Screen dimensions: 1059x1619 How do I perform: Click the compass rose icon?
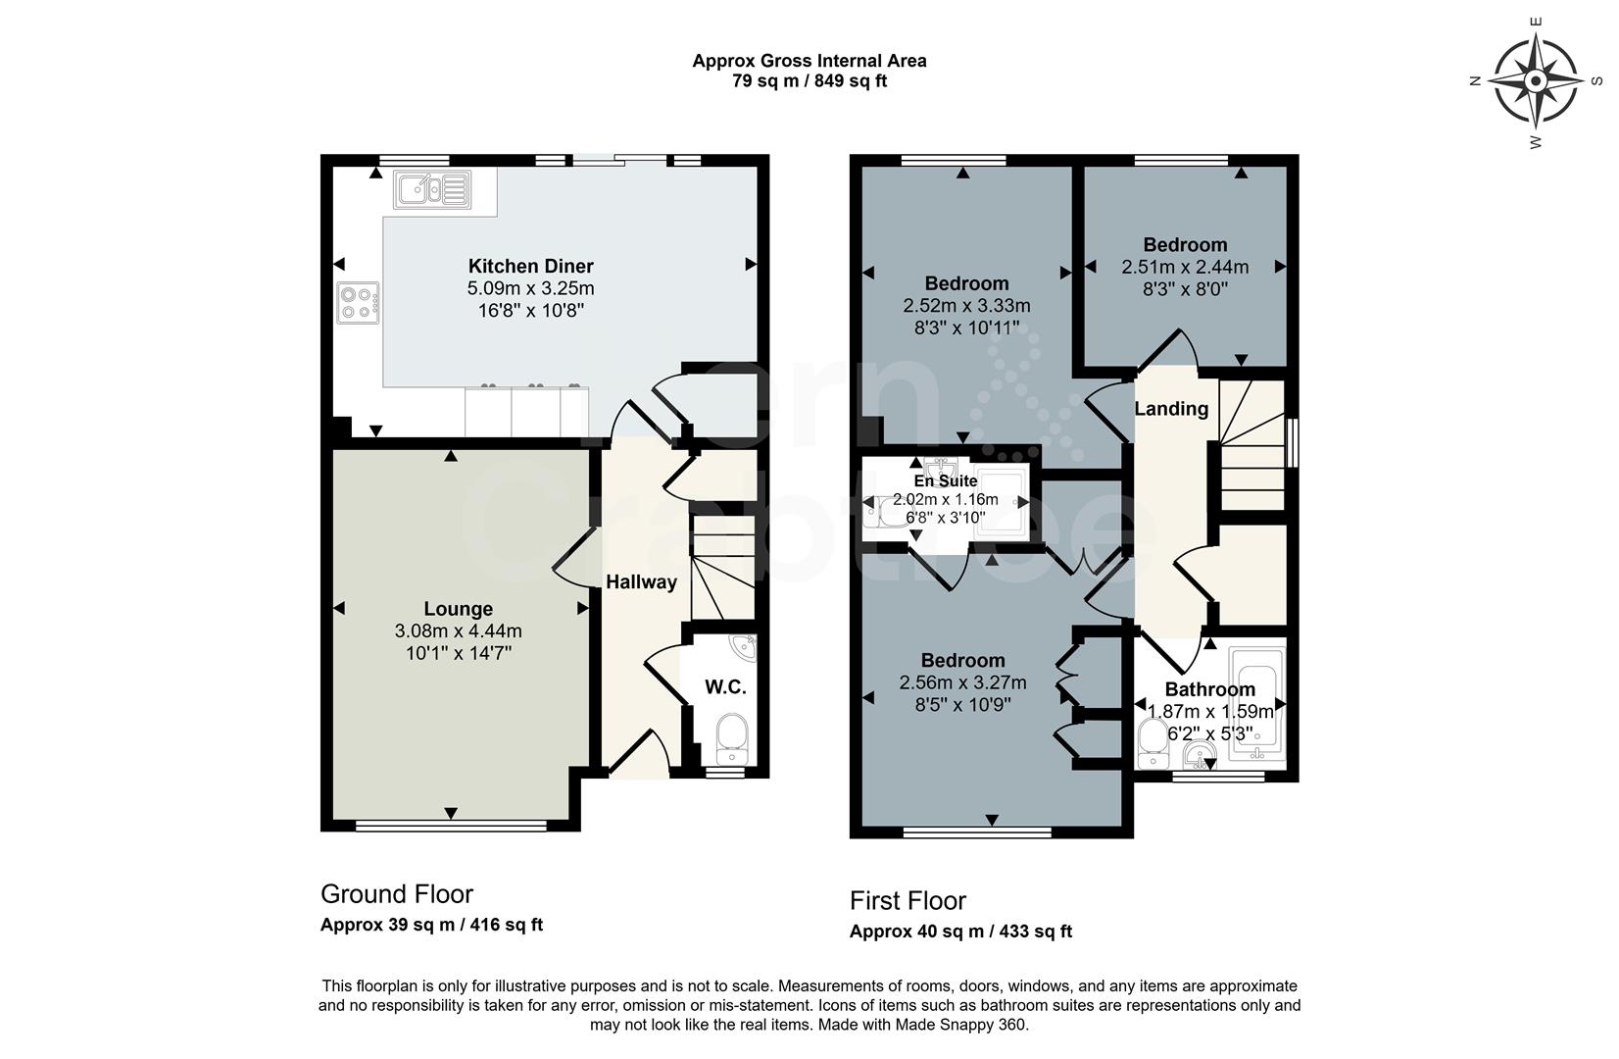point(1536,81)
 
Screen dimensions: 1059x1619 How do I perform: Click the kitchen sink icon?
point(431,189)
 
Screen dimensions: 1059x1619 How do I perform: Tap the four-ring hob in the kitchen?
point(358,303)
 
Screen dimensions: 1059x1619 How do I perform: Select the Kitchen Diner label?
point(530,266)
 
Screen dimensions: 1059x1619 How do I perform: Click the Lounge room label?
point(458,609)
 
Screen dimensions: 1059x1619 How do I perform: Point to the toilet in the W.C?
point(731,738)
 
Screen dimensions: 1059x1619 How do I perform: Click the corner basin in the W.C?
point(743,647)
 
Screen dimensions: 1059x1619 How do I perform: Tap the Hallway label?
point(641,581)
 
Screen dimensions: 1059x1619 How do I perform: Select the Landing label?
point(1171,409)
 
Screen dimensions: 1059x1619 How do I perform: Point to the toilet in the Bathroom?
point(1153,743)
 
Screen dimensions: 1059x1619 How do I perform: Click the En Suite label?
point(945,481)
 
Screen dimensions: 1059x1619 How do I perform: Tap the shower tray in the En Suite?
point(1002,505)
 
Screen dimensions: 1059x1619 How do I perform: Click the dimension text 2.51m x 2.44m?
point(1185,267)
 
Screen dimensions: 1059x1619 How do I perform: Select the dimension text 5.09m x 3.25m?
point(530,289)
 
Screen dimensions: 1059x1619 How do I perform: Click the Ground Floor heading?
point(397,894)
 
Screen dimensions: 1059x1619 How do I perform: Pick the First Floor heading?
point(908,900)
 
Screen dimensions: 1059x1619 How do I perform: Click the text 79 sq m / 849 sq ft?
point(809,81)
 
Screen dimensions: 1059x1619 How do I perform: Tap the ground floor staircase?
point(723,569)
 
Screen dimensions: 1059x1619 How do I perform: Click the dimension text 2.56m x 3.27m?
point(962,682)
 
